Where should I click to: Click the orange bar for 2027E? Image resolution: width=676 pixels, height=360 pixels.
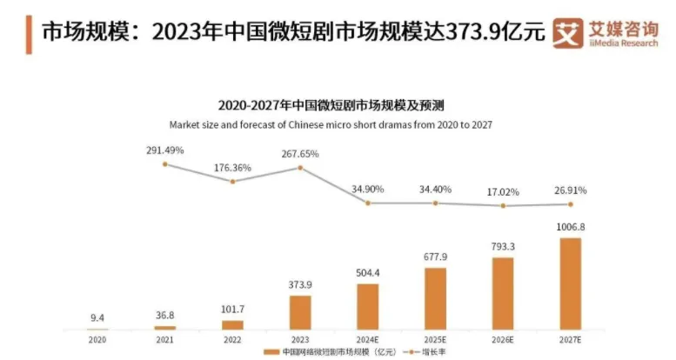[570, 283]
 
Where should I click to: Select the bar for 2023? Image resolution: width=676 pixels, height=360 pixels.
[300, 312]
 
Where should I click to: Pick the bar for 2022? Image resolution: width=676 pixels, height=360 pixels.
[232, 324]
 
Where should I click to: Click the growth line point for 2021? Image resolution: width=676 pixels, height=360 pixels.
[164, 163]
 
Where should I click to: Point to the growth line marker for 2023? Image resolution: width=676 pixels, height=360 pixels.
[300, 167]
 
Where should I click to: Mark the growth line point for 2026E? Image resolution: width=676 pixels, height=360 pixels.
[503, 205]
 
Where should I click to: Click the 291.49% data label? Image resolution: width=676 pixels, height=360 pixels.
[164, 150]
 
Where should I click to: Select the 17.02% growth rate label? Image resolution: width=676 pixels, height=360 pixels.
[503, 190]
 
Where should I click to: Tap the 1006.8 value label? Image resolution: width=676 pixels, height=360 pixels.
[570, 227]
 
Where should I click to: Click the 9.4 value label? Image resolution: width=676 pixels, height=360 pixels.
[97, 318]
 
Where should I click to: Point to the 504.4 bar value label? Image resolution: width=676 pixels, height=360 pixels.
[368, 271]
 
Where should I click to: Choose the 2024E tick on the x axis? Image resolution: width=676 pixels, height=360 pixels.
[368, 339]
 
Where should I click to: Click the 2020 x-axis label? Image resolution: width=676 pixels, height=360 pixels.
[97, 339]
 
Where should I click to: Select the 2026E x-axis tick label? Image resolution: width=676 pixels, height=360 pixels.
[503, 339]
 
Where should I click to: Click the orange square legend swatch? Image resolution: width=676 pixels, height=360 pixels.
[273, 352]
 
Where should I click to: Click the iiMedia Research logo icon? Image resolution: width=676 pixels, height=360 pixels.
[567, 33]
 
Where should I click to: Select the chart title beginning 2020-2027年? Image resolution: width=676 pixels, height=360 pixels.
[331, 106]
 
